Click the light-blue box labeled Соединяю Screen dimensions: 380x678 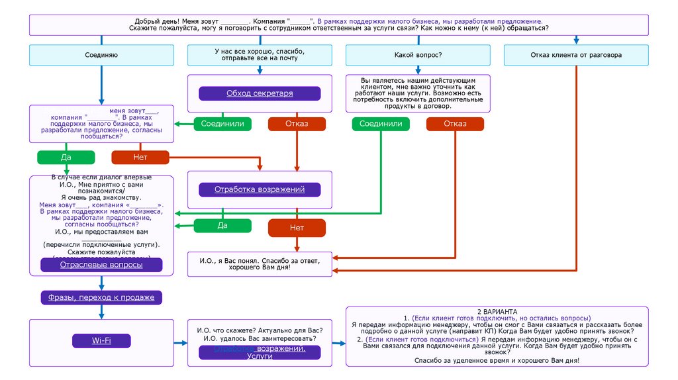coord(101,55)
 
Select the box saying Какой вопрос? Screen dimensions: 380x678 coord(418,55)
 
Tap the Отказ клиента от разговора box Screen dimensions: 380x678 coord(576,55)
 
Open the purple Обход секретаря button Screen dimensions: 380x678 coord(260,93)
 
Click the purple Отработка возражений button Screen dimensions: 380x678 coord(260,190)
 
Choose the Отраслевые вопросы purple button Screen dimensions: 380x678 coord(101,265)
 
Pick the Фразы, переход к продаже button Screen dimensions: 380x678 coord(101,297)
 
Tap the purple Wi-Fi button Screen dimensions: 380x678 coord(101,341)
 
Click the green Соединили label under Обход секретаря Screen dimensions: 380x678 coord(222,124)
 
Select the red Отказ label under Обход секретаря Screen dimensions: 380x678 coord(297,124)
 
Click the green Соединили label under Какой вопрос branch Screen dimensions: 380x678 coord(381,124)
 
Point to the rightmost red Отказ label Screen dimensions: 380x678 coord(455,124)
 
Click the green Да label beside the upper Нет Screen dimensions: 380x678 coord(66,158)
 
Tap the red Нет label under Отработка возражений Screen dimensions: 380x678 coord(297,228)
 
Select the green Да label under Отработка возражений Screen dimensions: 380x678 coord(222,225)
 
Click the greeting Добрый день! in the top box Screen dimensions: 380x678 coord(156,21)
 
